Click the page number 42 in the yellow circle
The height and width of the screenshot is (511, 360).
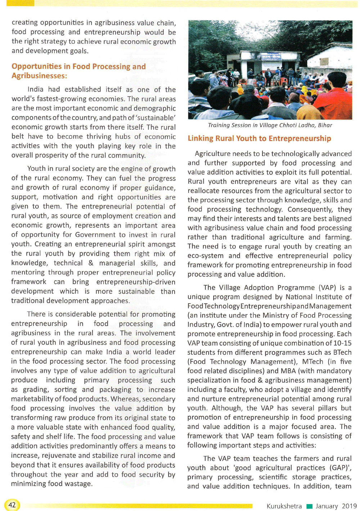point(12,505)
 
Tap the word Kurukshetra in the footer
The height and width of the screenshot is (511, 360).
point(284,506)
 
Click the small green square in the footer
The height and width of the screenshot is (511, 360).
point(309,506)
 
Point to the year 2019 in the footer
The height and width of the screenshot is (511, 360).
point(349,506)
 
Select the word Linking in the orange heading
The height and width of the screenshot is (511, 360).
point(200,139)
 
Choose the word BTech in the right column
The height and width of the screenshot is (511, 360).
point(342,352)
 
